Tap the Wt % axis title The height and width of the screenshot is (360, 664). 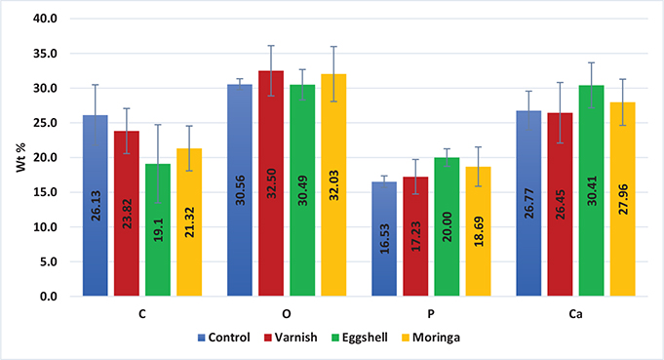[15, 157]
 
